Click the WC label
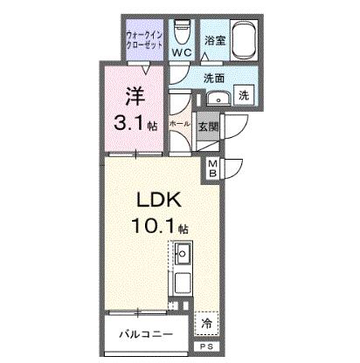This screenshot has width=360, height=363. (182, 52)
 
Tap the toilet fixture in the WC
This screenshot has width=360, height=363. (182, 31)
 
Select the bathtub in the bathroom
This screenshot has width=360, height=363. (245, 40)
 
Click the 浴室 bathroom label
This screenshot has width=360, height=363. (215, 40)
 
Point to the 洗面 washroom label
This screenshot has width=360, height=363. (214, 78)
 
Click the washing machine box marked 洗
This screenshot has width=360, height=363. (244, 95)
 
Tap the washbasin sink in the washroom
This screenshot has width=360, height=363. (218, 99)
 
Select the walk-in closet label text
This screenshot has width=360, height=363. (144, 40)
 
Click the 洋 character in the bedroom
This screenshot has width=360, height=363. (135, 97)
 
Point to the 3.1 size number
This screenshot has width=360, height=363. (129, 123)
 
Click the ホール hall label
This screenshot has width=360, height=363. (179, 124)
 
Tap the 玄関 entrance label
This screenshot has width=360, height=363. (208, 127)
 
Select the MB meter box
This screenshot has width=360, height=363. (213, 168)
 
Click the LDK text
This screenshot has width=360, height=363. (159, 201)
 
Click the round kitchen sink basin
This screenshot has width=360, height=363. (183, 254)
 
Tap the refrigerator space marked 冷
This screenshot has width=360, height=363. (206, 324)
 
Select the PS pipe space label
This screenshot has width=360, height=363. (206, 346)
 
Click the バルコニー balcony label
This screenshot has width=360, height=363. (146, 334)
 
